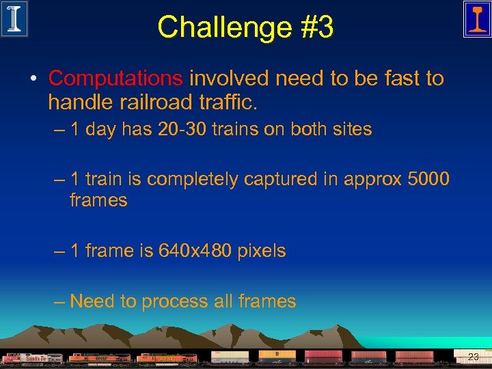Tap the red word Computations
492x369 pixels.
[115, 79]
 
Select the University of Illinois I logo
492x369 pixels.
[14, 18]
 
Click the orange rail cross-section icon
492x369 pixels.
[477, 18]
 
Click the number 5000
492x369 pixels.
[428, 179]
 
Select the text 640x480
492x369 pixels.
[195, 251]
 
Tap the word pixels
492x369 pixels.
[262, 251]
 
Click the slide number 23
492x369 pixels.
[474, 357]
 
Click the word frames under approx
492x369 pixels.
[98, 200]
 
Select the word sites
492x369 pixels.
[352, 129]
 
